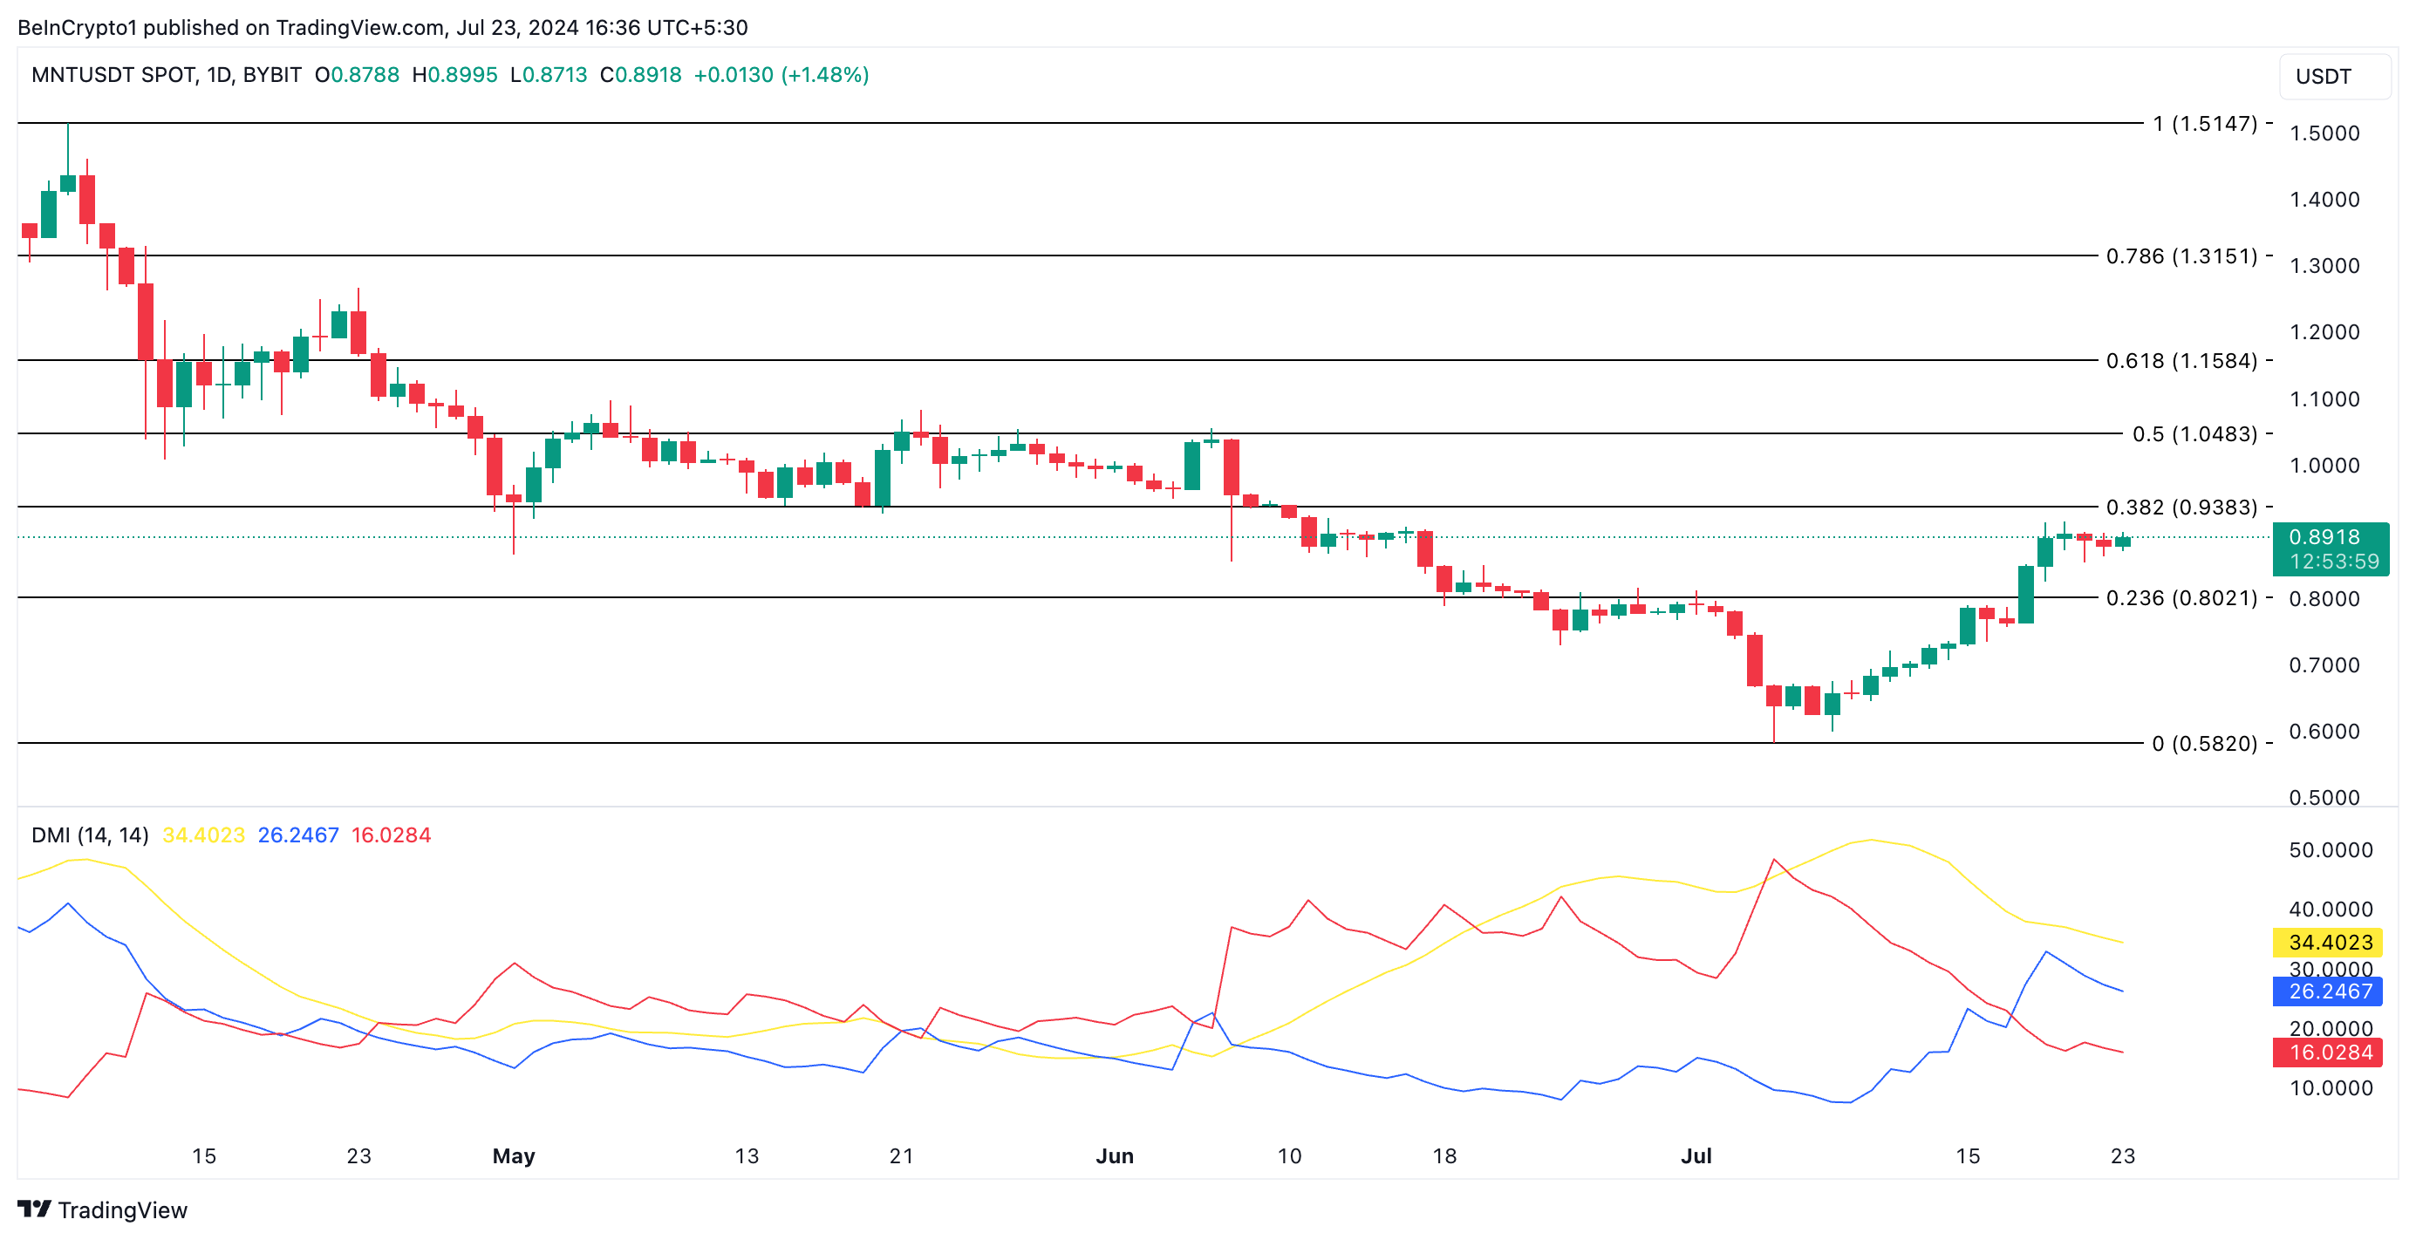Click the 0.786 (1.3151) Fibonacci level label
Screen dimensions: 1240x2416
pyautogui.click(x=2181, y=256)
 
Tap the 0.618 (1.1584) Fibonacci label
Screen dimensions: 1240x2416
pyautogui.click(x=2181, y=360)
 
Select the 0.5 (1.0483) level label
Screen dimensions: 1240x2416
pyautogui.click(x=2194, y=433)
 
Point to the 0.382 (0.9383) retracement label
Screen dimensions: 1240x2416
pyautogui.click(x=2181, y=508)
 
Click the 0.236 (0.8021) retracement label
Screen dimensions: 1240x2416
pyautogui.click(x=2181, y=597)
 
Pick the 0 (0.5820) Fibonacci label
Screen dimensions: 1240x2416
pyautogui.click(x=2204, y=744)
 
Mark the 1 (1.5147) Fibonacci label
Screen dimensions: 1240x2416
pyautogui.click(x=2204, y=124)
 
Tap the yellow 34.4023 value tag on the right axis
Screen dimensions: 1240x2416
pyautogui.click(x=2330, y=942)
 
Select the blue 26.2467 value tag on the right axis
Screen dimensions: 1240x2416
pyautogui.click(x=2330, y=991)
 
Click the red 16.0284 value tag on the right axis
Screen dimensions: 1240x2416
pyautogui.click(x=2330, y=1053)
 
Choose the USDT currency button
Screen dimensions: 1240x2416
pyautogui.click(x=2332, y=77)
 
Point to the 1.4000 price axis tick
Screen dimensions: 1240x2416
pyautogui.click(x=2324, y=199)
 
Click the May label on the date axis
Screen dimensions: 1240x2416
pyautogui.click(x=513, y=1155)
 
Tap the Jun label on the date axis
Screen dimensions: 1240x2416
pyautogui.click(x=1114, y=1155)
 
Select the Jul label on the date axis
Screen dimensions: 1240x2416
pyautogui.click(x=1696, y=1155)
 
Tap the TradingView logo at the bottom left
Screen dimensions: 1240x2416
pyautogui.click(x=103, y=1210)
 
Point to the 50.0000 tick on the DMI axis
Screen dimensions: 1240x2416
pyautogui.click(x=2330, y=850)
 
